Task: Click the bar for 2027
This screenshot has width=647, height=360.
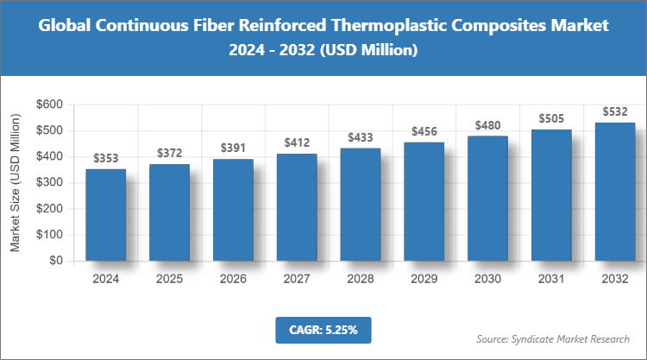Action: (x=297, y=206)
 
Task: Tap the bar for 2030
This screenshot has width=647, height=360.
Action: (x=488, y=198)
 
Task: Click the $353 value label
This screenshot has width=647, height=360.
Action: (x=106, y=159)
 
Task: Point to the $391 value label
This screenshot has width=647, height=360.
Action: (x=233, y=148)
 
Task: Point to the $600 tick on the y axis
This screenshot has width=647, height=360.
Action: (x=48, y=104)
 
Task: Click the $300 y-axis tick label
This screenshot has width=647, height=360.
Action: (x=48, y=182)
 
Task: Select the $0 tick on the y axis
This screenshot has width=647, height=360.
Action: (x=55, y=260)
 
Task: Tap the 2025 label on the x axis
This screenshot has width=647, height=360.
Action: (x=170, y=279)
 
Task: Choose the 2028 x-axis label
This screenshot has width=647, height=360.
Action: (x=361, y=279)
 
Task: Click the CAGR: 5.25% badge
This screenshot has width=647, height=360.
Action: (x=323, y=329)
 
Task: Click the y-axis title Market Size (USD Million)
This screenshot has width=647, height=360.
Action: (x=15, y=182)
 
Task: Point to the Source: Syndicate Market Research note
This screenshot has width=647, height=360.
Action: (x=553, y=338)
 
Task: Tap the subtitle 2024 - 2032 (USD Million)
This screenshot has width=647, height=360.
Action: (x=323, y=51)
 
